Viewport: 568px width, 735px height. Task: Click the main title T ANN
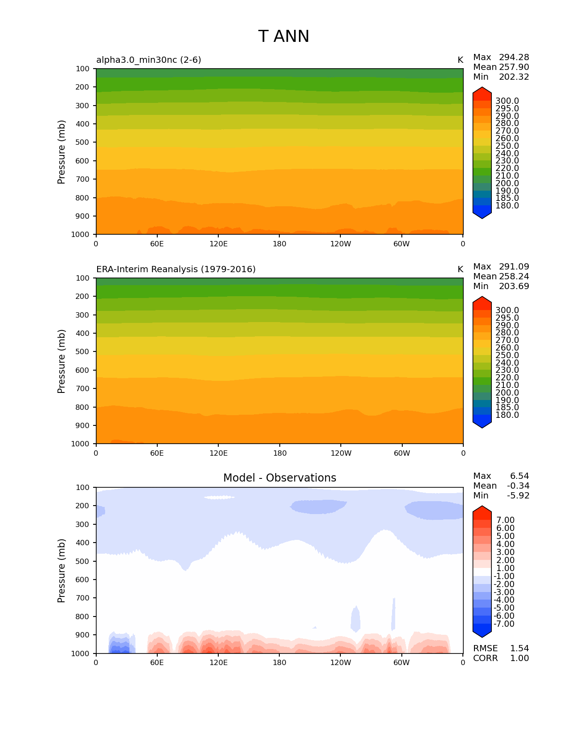coord(284,37)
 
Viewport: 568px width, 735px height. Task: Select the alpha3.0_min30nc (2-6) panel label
coord(149,60)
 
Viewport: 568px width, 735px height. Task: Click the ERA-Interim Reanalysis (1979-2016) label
coord(176,269)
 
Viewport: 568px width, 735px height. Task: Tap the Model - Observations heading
coord(280,478)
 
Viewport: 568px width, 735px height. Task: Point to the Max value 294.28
coord(514,57)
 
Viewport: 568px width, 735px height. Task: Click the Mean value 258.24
coord(514,277)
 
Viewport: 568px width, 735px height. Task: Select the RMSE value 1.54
coord(519,649)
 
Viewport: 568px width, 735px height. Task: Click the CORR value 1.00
coord(519,658)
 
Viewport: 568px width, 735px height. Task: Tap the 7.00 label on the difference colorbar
coord(505,520)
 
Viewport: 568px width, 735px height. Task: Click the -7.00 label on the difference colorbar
coord(504,624)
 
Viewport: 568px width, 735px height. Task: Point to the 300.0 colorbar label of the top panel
coord(507,101)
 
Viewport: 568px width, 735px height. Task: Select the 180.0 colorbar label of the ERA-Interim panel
coord(507,415)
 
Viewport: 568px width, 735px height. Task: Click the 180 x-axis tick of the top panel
coord(280,244)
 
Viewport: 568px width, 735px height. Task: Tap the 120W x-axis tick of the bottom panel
coord(341,662)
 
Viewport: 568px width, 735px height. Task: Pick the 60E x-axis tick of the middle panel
coord(157,453)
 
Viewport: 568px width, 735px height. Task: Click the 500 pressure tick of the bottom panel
coord(83,561)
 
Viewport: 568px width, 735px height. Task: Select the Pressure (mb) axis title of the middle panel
coord(61,361)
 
